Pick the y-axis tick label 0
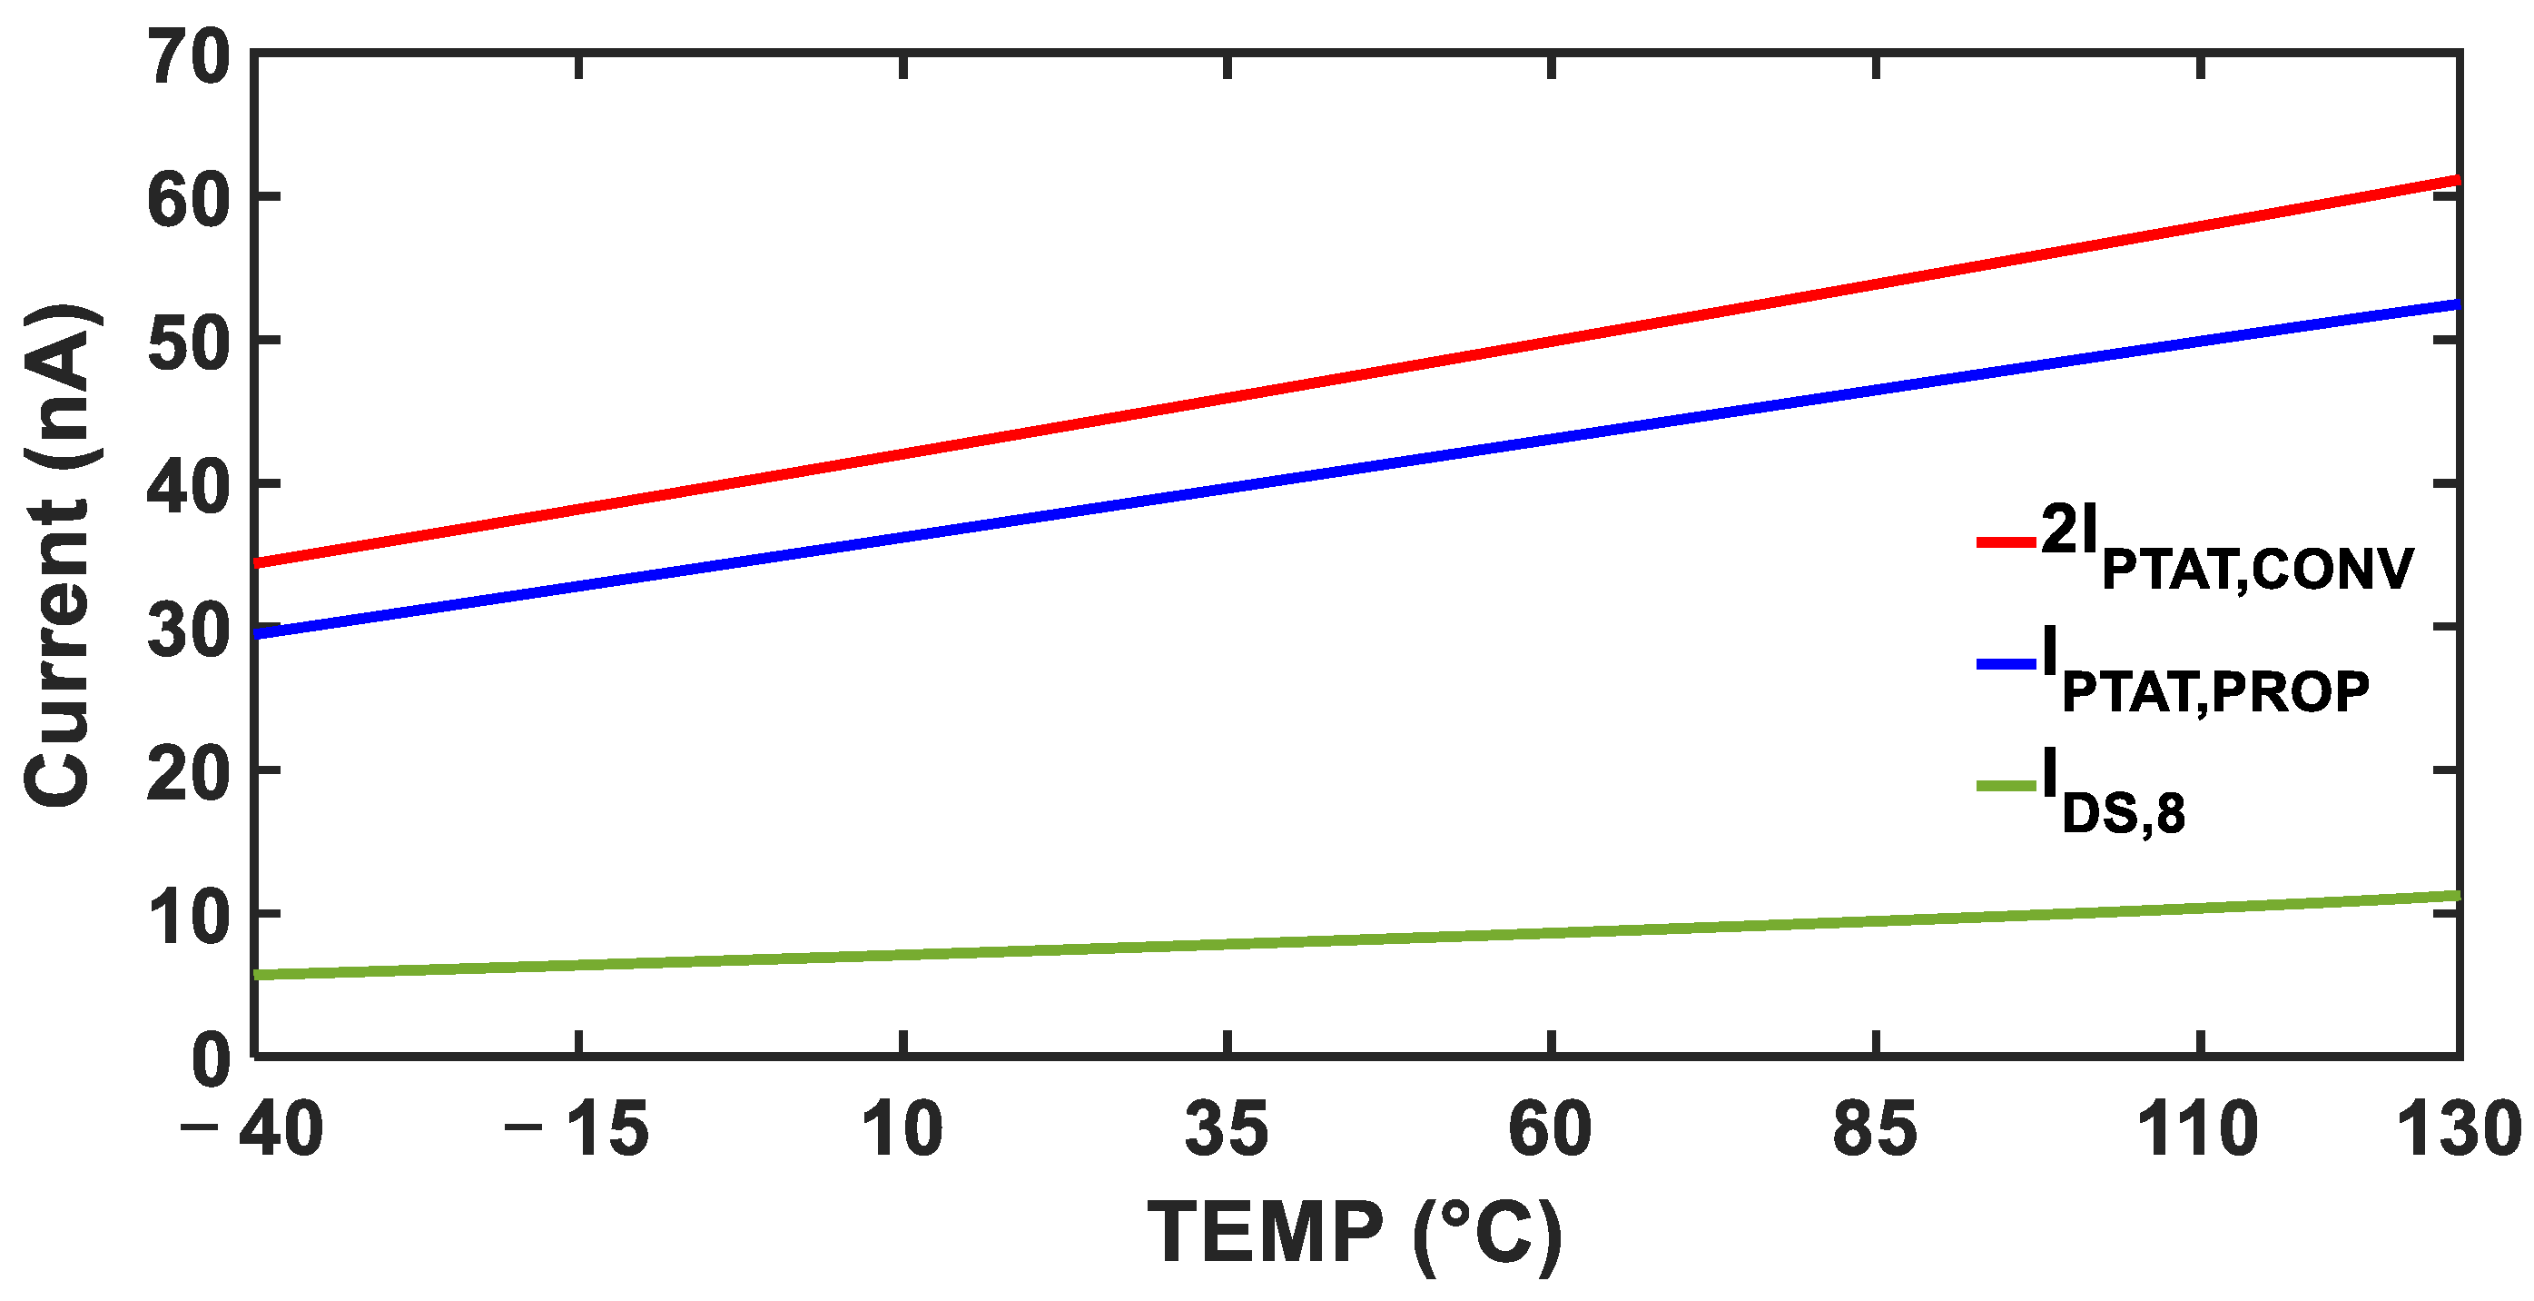(x=211, y=1061)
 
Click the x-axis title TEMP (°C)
(x=1355, y=1233)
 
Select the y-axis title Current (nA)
(x=59, y=556)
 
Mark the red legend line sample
(x=2006, y=542)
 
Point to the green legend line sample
(x=2006, y=785)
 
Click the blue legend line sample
(x=2006, y=664)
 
